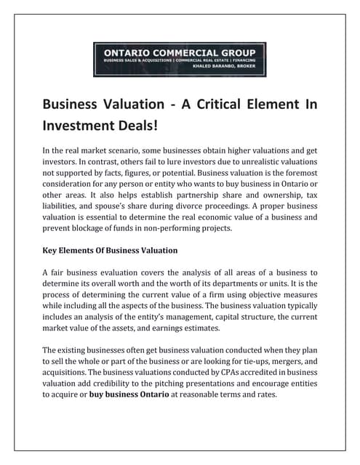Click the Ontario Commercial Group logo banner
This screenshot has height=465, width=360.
pyautogui.click(x=180, y=60)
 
